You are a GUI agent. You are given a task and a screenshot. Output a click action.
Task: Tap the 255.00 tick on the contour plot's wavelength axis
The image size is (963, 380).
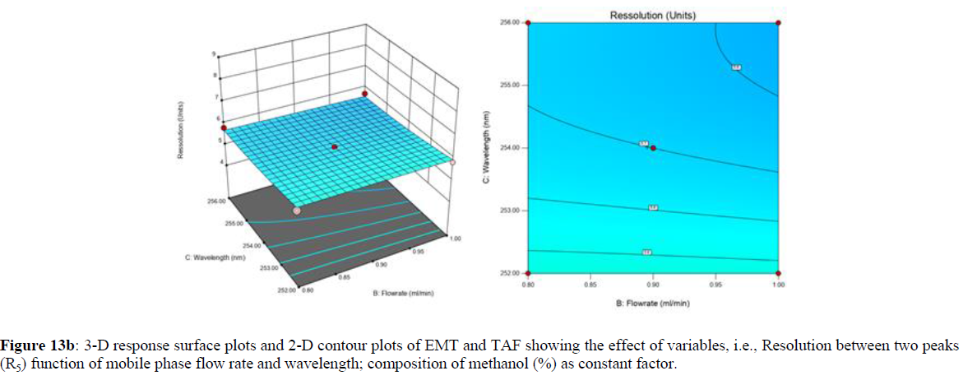click(x=511, y=85)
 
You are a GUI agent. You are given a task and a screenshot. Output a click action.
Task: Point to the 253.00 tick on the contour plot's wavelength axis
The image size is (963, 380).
click(x=511, y=211)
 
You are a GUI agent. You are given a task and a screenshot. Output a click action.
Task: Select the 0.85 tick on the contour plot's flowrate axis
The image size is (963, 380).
click(x=590, y=285)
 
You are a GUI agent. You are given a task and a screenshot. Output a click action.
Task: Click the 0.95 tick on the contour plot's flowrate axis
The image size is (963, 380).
click(x=715, y=285)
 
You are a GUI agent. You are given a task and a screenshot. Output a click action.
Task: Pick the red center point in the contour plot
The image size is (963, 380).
click(x=653, y=148)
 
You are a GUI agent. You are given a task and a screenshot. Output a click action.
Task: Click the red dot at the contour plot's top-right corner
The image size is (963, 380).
click(x=778, y=22)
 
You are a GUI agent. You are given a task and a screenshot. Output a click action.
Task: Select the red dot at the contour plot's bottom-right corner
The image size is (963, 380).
click(x=778, y=273)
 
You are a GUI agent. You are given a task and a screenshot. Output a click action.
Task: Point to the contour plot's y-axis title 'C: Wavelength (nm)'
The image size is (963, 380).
click(x=489, y=148)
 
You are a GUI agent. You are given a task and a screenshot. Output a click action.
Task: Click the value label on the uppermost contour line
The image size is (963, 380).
click(x=736, y=67)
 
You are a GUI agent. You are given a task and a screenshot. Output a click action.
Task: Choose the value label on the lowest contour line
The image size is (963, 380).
click(x=647, y=252)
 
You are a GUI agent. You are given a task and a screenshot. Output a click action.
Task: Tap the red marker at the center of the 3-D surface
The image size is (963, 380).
click(x=334, y=147)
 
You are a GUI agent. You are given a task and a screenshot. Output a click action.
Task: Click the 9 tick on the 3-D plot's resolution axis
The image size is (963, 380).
click(x=215, y=54)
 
